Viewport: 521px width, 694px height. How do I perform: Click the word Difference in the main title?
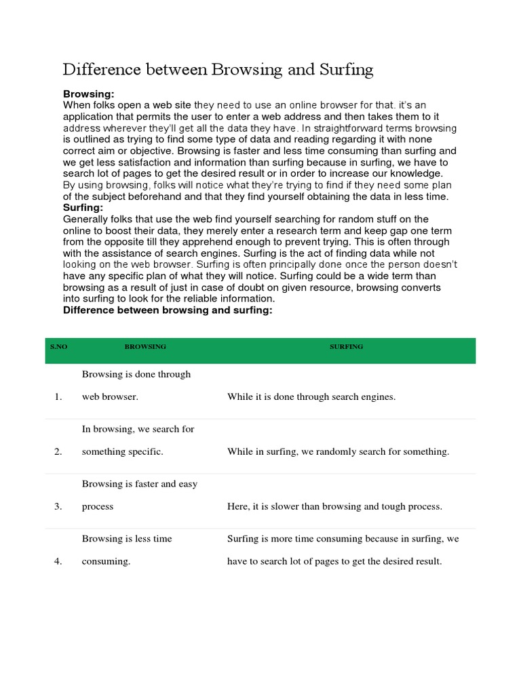[x=102, y=70]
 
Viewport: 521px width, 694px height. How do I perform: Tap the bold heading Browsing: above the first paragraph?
[x=89, y=94]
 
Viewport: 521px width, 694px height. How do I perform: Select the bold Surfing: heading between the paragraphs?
[x=83, y=207]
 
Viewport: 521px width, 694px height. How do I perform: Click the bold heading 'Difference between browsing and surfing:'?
[x=168, y=310]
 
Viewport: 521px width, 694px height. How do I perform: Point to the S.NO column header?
[x=59, y=346]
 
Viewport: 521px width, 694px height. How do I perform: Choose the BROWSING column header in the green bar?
[x=145, y=346]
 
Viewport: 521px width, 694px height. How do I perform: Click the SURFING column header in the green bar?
[x=346, y=346]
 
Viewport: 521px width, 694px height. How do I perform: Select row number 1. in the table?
[x=58, y=396]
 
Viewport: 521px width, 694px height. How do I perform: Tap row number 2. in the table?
[x=58, y=451]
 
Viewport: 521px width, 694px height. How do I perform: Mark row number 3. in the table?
[x=58, y=506]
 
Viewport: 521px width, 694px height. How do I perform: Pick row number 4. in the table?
[x=58, y=561]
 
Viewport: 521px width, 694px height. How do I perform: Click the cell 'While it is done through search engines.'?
[x=311, y=396]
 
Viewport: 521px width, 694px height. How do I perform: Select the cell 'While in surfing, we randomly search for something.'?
[x=338, y=451]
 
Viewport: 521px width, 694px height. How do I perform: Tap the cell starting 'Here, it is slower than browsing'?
[x=334, y=506]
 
